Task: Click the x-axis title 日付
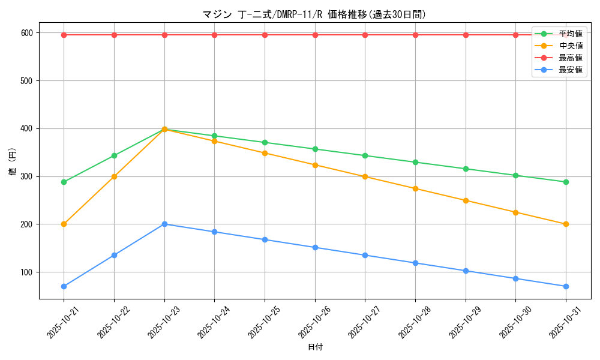tap(315, 347)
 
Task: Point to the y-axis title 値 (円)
tap(12, 162)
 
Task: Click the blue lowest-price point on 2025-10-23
tap(164, 224)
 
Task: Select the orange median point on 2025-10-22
tap(114, 176)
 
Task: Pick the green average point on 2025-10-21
tap(64, 182)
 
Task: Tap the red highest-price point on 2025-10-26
tap(315, 35)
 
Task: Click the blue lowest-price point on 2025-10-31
tap(566, 286)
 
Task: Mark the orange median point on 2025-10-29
tap(466, 200)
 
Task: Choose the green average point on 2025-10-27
tap(365, 155)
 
